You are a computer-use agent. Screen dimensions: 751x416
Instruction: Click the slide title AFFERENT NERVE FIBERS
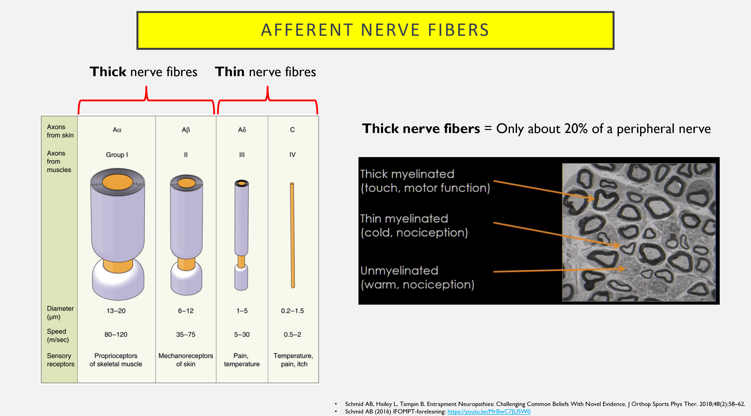(375, 30)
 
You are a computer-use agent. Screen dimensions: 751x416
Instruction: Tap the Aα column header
(117, 130)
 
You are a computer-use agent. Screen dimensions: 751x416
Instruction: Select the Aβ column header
(186, 130)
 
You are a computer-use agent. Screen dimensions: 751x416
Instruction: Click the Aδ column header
(242, 130)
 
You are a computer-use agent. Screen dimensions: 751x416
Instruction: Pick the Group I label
(117, 155)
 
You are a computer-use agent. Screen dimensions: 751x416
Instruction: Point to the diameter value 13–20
(116, 311)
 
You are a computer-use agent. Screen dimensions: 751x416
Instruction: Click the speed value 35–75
(186, 334)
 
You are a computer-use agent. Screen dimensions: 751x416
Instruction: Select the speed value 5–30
(242, 334)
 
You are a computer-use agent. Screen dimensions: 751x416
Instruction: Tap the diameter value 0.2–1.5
(292, 311)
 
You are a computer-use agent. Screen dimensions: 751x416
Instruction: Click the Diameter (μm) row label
(60, 312)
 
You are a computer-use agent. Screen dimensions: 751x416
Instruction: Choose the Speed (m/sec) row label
(58, 336)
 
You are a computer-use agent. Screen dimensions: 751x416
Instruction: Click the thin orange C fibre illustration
(292, 235)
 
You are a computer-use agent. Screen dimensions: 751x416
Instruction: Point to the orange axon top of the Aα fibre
(117, 182)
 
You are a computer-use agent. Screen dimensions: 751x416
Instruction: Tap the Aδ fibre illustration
(241, 235)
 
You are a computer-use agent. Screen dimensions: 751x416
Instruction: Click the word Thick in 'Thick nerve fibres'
(108, 72)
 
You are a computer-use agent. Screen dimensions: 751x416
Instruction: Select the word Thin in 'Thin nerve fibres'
(230, 72)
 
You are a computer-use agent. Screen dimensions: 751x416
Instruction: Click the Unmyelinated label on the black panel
(399, 271)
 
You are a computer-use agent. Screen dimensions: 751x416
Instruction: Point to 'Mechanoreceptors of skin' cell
(186, 360)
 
